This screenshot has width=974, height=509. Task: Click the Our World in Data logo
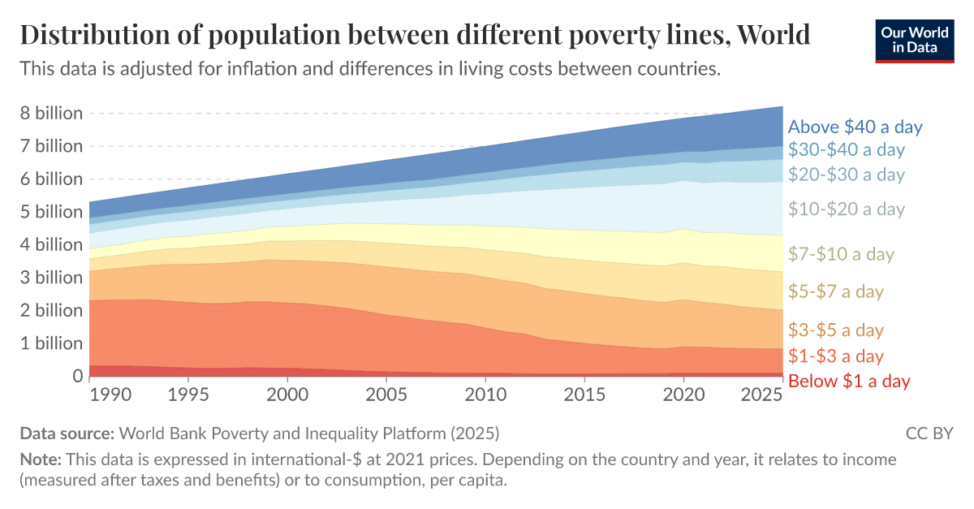point(915,38)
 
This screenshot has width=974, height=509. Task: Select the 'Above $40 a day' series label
point(855,127)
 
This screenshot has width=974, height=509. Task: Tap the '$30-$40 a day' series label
point(846,149)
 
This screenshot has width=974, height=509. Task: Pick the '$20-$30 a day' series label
point(846,175)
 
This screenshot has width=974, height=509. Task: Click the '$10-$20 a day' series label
point(846,209)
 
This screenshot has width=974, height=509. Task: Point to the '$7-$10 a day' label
point(841,254)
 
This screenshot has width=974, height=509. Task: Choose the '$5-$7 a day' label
point(836,291)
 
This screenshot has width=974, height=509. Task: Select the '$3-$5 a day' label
point(836,330)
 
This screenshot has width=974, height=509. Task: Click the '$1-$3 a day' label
point(836,356)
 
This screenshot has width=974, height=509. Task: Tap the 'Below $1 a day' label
point(849,381)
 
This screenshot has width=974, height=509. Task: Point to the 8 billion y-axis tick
point(51,113)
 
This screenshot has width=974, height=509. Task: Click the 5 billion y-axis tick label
point(51,212)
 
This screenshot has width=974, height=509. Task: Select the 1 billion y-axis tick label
point(51,343)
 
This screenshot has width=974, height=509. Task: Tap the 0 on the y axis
point(77,376)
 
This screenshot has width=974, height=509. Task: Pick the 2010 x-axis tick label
point(485,394)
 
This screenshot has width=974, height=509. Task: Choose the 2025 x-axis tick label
point(761,394)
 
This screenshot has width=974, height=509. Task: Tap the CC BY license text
point(929,433)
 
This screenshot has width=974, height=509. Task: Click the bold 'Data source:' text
point(67,433)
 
